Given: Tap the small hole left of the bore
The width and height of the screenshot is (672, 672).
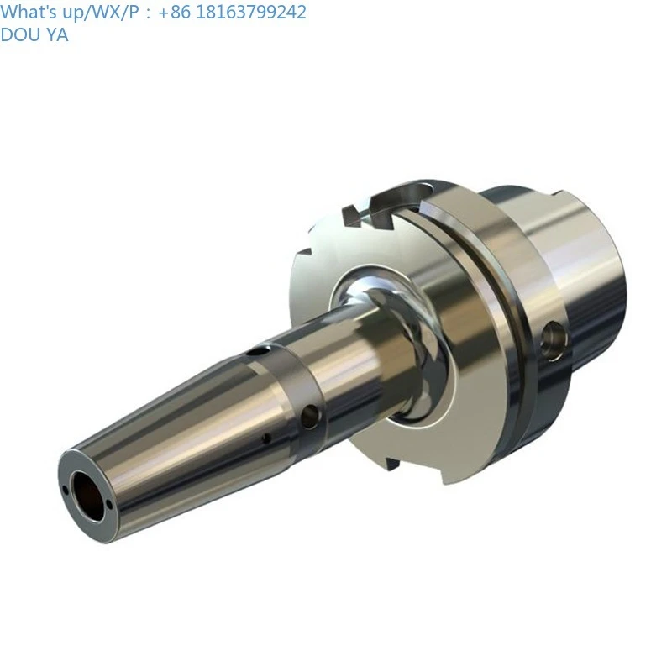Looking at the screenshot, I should point(65,489).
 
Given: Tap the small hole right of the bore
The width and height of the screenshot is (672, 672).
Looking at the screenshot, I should point(108,504).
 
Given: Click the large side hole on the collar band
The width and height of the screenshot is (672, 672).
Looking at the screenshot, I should point(310,413).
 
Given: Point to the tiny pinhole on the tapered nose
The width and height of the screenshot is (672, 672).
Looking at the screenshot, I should point(266,438).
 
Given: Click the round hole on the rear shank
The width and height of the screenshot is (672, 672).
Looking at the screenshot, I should point(554,339).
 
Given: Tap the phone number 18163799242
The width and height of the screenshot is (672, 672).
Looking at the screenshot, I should point(245,12).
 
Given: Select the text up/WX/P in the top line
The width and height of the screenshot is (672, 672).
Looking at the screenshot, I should point(93,12).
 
